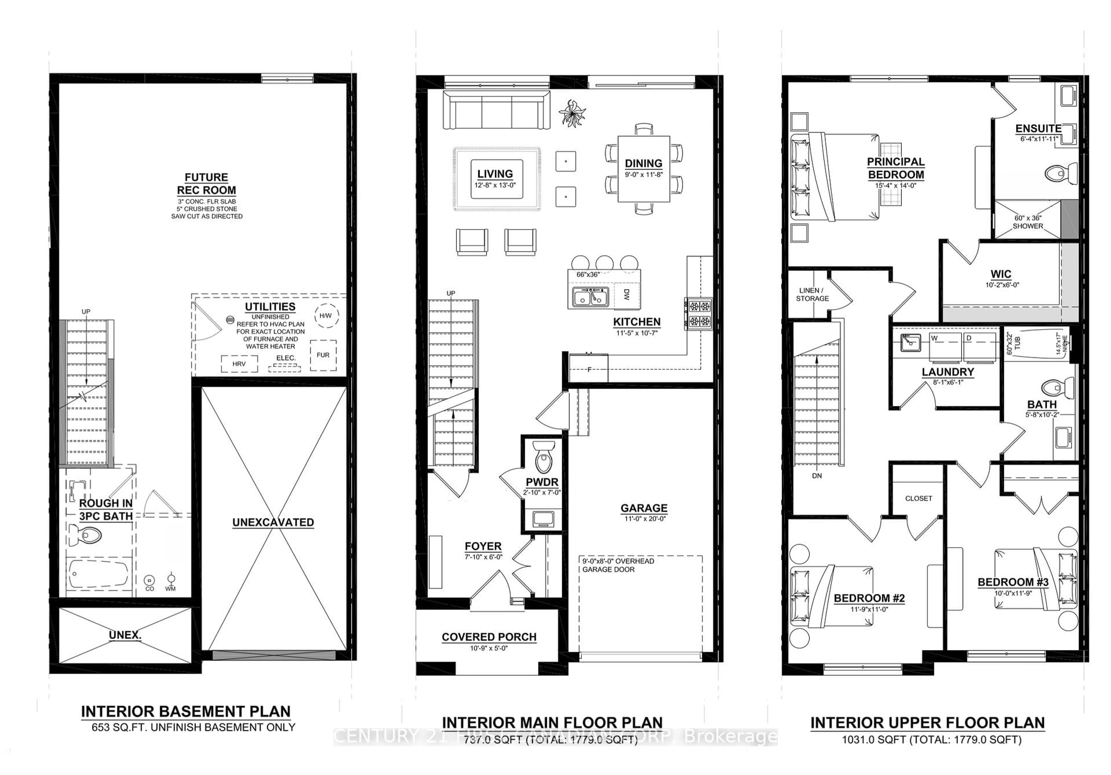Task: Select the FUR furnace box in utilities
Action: coord(323,355)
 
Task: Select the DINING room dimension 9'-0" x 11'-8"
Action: coord(643,175)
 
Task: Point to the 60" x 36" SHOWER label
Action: coord(1028,222)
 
